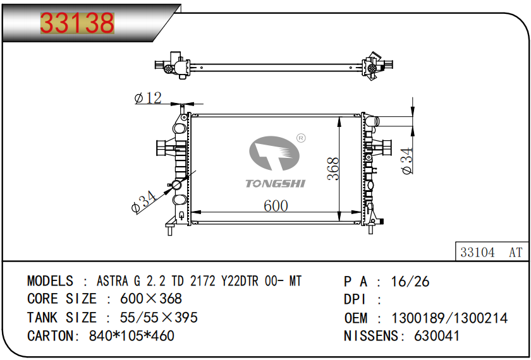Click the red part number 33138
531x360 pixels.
coord(77,23)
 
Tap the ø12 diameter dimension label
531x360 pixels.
coord(148,98)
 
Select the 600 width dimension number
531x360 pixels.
coord(276,206)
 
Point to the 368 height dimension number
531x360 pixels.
coord(333,169)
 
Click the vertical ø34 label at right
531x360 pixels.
coord(407,160)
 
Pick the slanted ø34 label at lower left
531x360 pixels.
coord(143,202)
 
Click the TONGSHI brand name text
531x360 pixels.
coord(276,184)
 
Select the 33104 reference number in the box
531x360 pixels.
coord(477,253)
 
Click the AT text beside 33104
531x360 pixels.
coord(516,253)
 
